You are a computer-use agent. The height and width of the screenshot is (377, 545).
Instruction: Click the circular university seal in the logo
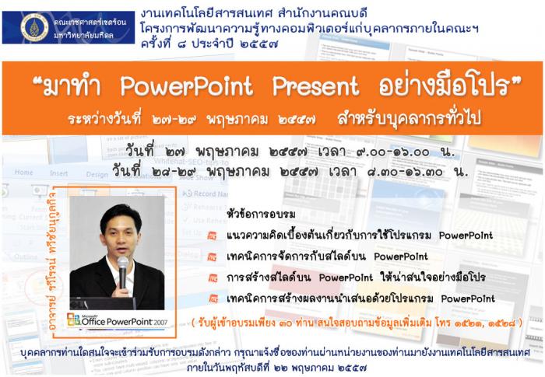coord(34,27)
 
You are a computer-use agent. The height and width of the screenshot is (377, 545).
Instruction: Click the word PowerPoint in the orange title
coord(187,86)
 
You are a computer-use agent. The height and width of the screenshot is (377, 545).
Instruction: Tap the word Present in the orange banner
coord(315,86)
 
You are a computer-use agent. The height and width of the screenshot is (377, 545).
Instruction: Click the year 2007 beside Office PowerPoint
coord(160,322)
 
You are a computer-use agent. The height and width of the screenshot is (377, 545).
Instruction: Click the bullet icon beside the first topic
coord(212,236)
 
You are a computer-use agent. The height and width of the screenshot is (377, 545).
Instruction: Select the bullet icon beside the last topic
coord(213,299)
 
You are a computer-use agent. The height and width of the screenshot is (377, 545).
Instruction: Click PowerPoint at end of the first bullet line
coord(466,236)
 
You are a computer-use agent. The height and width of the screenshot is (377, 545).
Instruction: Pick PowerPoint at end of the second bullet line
coord(401,257)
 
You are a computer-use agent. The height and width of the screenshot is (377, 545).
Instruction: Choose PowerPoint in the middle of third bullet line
coord(346,278)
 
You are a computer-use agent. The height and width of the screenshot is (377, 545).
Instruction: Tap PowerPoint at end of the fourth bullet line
coord(468,298)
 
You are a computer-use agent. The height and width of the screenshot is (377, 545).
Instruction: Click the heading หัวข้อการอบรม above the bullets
coord(261,215)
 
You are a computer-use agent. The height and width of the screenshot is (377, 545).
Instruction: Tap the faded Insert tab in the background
coord(58,173)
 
